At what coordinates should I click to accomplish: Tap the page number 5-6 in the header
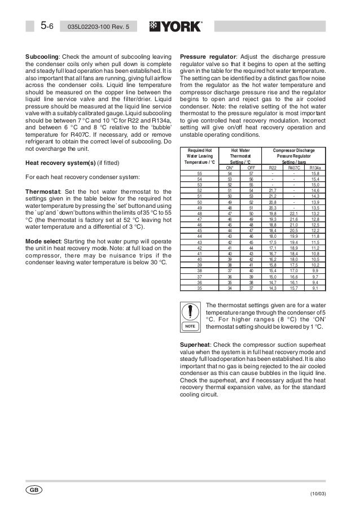(x=47, y=27)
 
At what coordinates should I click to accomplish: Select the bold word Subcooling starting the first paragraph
(x=42, y=57)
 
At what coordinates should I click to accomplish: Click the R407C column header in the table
(x=294, y=168)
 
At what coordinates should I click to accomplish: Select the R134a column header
(x=316, y=168)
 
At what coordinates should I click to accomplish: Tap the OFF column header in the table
(x=251, y=168)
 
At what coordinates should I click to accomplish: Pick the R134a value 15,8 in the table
(x=316, y=173)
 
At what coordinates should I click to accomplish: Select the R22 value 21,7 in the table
(x=273, y=191)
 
